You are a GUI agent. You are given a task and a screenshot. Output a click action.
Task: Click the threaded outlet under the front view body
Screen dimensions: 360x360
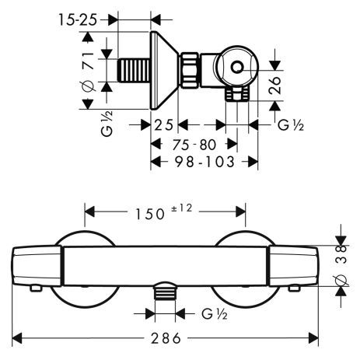coord(163,292)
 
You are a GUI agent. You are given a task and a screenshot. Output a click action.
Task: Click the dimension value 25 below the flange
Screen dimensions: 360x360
coord(163,125)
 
